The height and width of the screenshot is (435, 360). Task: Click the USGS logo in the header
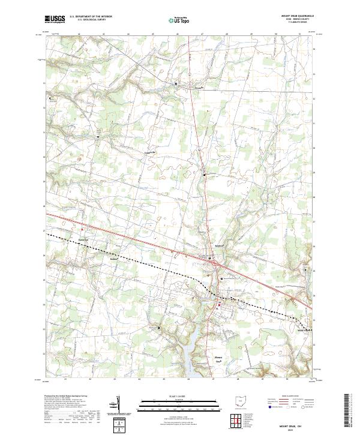[55, 19]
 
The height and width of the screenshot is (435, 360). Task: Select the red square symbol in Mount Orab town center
[219, 305]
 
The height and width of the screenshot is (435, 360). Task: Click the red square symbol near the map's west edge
[82, 229]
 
